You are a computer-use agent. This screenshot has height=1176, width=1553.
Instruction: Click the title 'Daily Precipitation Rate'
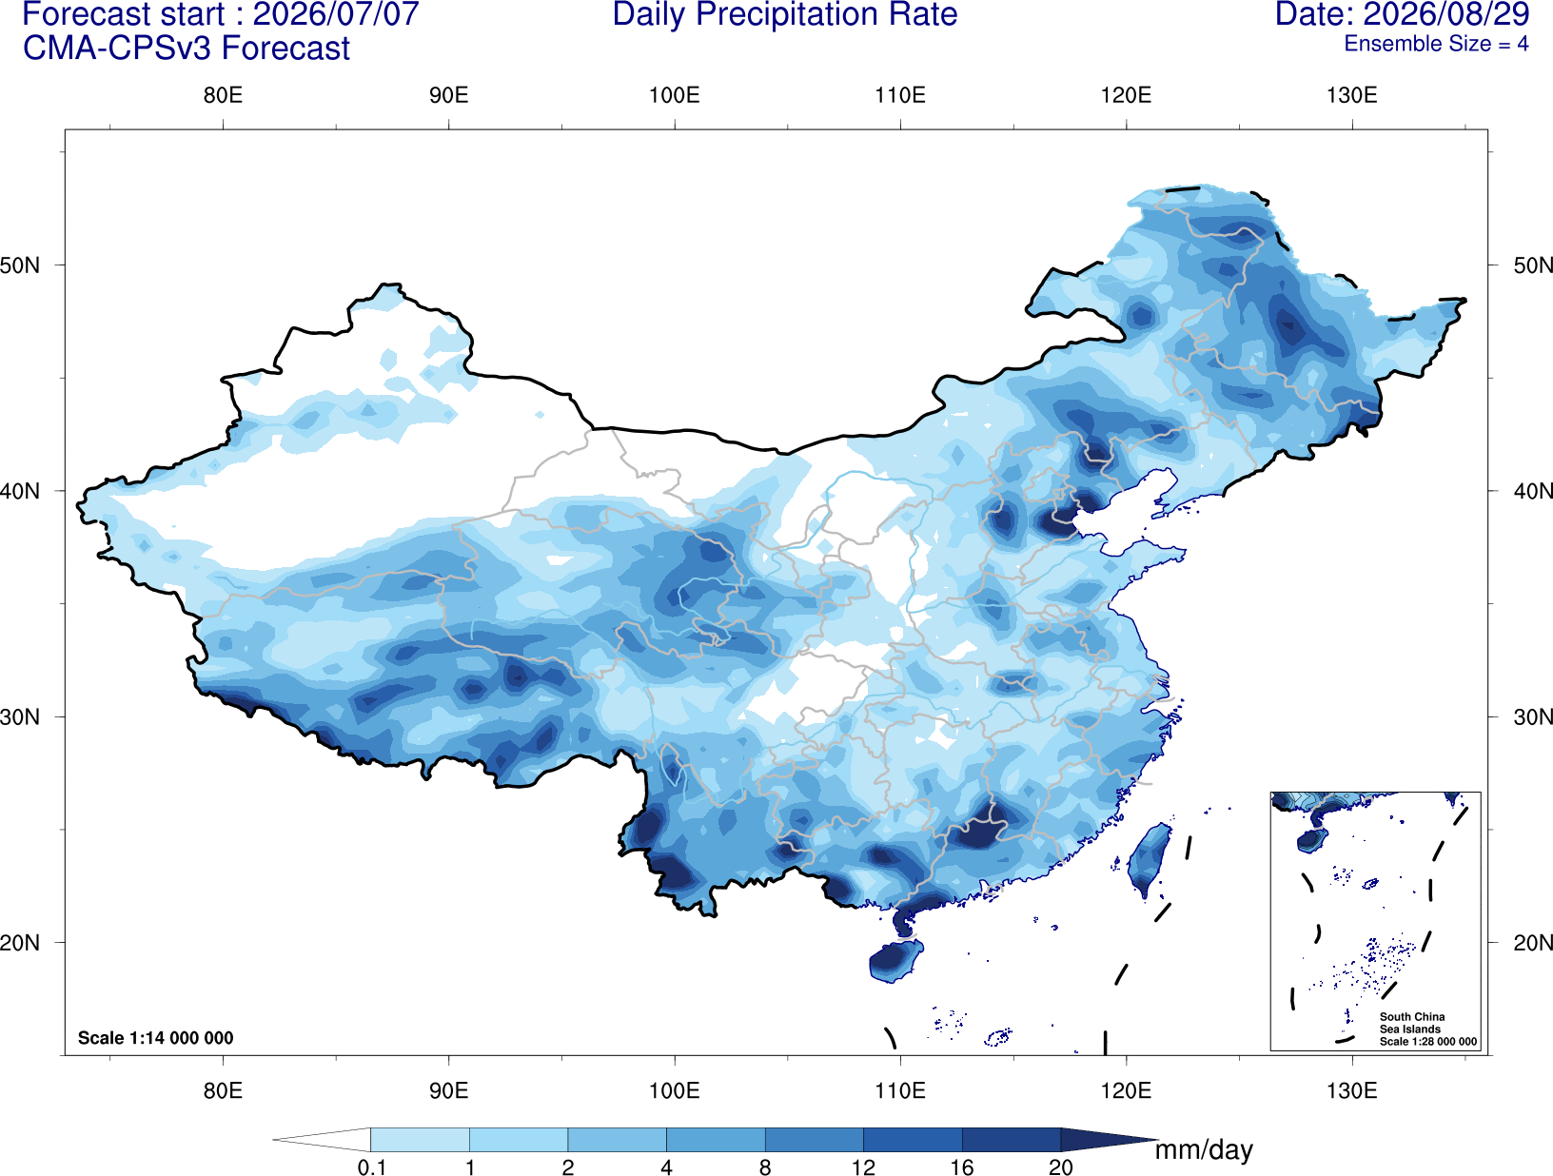[785, 14]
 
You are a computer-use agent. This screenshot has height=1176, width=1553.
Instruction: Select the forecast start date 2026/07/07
[335, 14]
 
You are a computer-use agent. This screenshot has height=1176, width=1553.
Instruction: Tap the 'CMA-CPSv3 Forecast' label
[187, 49]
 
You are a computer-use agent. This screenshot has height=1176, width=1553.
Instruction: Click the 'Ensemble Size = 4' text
[1436, 44]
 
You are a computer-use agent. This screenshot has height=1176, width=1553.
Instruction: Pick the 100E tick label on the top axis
[675, 95]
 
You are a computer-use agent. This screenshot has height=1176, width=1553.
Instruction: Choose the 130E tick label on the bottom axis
[1352, 1090]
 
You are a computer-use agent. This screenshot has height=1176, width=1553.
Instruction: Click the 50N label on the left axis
[20, 265]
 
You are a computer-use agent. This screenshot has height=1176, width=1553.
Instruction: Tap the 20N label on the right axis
[1532, 943]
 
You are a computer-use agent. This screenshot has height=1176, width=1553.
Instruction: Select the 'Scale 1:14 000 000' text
[156, 1037]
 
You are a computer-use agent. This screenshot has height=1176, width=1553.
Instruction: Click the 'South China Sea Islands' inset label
[1411, 1023]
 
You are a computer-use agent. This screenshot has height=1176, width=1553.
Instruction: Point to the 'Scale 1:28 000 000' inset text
[1427, 1042]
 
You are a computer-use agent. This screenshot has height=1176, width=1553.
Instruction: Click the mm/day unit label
[1204, 1150]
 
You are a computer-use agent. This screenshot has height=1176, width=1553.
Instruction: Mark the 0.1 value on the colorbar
[371, 1166]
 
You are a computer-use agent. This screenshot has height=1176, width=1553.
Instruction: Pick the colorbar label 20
[1061, 1166]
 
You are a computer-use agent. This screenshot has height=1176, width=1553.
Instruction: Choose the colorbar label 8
[765, 1166]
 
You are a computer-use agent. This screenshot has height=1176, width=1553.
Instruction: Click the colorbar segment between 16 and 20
[1011, 1139]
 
